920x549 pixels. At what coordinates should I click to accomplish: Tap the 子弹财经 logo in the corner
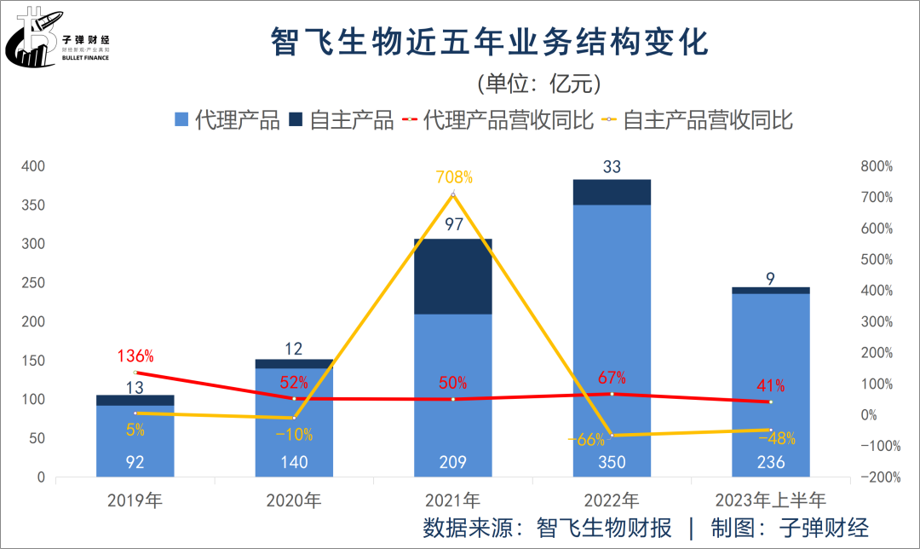(64, 38)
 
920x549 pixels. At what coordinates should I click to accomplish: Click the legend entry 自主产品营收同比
(698, 120)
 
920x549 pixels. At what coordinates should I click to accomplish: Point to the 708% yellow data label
(453, 177)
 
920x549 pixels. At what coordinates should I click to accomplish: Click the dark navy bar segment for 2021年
(453, 276)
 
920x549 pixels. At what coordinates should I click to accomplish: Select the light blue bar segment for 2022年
(612, 341)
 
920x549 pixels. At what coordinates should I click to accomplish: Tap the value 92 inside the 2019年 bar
(135, 463)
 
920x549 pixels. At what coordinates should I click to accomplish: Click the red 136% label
(135, 355)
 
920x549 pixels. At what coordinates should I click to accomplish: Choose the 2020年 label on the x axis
(294, 500)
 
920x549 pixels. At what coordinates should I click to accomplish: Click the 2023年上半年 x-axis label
(770, 500)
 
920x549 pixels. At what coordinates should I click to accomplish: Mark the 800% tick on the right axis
(877, 166)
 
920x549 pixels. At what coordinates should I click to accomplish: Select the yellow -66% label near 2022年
(587, 440)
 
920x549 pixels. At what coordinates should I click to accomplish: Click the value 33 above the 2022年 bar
(612, 167)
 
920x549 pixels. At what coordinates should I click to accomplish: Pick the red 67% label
(612, 377)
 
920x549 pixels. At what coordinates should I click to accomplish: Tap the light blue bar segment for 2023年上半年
(770, 384)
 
